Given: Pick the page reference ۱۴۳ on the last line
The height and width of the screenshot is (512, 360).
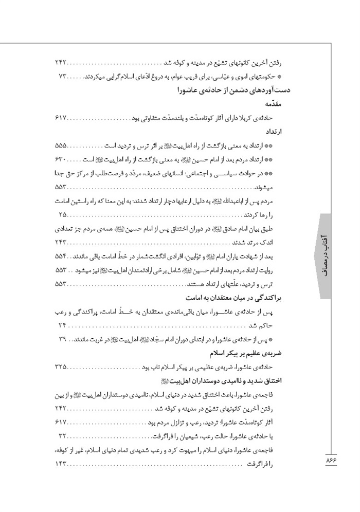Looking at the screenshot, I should (x=61, y=463).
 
